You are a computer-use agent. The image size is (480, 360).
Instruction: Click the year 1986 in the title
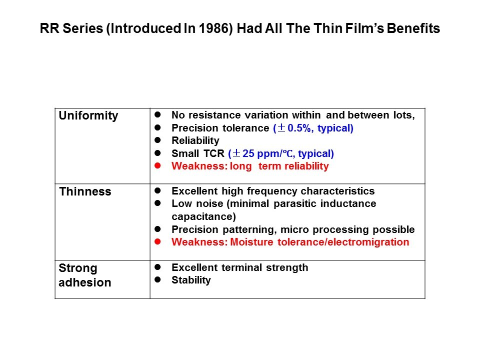pyautogui.click(x=213, y=28)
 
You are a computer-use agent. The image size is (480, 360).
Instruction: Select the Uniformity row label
pyautogui.click(x=88, y=116)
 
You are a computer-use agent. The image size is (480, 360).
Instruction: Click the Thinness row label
pyautogui.click(x=85, y=191)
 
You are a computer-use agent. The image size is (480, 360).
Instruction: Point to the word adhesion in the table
pyautogui.click(x=85, y=282)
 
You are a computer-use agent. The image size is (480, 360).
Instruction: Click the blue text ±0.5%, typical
pyautogui.click(x=313, y=128)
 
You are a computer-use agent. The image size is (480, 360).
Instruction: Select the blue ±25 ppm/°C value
pyautogui.click(x=281, y=153)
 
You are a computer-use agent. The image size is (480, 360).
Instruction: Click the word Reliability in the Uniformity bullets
pyautogui.click(x=195, y=140)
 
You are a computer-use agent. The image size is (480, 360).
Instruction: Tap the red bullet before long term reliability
pyautogui.click(x=157, y=165)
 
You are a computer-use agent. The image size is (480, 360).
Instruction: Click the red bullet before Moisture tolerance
pyautogui.click(x=157, y=241)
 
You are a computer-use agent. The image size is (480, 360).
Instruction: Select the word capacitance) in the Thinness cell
pyautogui.click(x=204, y=216)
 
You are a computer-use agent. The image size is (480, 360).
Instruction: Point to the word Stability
pyautogui.click(x=191, y=280)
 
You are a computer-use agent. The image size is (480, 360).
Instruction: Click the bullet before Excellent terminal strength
pyautogui.click(x=157, y=267)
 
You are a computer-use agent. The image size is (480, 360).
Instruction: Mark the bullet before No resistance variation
pyautogui.click(x=157, y=114)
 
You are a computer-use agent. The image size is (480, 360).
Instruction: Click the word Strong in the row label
pyautogui.click(x=78, y=268)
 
